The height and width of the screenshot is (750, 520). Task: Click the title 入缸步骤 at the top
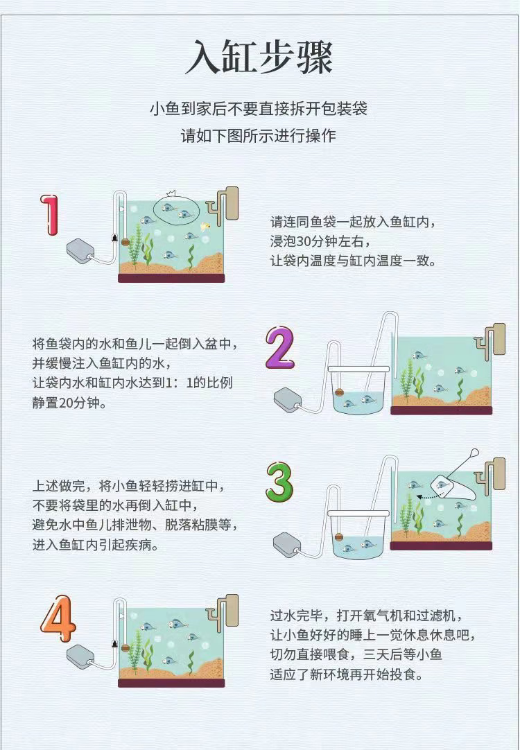point(259,58)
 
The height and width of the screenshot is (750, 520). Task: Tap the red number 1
point(49,215)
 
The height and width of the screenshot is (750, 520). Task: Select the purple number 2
point(280,347)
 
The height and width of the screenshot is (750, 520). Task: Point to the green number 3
point(279,481)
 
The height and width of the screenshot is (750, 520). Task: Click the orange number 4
point(58,618)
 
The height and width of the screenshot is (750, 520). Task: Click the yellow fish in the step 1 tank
point(206,226)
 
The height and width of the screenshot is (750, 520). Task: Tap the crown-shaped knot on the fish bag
point(171,194)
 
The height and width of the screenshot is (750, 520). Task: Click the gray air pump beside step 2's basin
point(288,401)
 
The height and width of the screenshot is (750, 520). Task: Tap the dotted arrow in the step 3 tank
point(428,497)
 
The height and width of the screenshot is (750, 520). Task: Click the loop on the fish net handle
point(474,452)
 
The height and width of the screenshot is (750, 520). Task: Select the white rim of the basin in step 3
point(358,514)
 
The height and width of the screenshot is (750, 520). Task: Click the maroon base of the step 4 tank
point(171,683)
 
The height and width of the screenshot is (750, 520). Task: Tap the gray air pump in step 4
point(80,656)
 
